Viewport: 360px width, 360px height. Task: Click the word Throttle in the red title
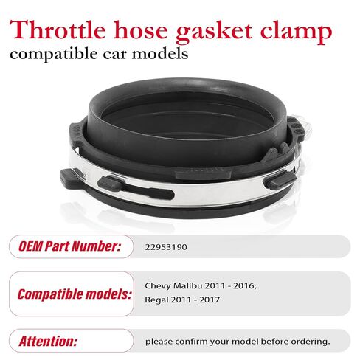58,30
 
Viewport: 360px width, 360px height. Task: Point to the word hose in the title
141,30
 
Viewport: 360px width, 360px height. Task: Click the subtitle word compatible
54,54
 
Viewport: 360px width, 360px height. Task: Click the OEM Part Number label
69,246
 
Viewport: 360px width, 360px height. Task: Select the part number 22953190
166,247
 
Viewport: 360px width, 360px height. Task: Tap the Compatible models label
75,294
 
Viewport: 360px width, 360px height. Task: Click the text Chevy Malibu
173,285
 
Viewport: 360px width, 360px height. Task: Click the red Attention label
48,342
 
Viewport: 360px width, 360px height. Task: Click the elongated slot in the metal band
149,193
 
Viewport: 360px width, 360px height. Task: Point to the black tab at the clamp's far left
72,178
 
